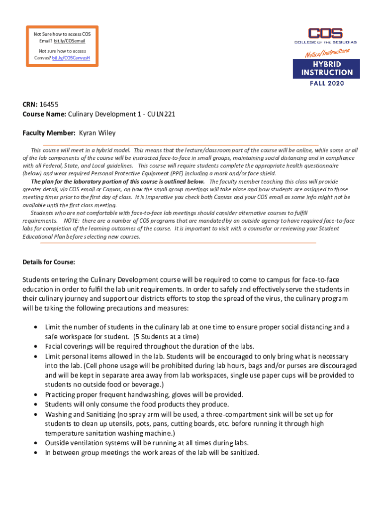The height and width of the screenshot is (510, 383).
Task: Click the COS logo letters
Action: click(325, 34)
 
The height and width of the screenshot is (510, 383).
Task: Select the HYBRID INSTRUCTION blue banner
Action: click(326, 68)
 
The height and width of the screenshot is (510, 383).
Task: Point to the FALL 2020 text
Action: click(326, 83)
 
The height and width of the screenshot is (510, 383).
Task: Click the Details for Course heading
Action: click(49, 262)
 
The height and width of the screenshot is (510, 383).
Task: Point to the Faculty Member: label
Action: click(49, 133)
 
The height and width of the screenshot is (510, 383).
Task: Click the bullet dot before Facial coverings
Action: click(35, 346)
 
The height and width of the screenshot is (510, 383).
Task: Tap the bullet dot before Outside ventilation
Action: click(35, 443)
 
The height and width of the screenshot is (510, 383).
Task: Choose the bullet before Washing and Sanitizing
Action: click(35, 414)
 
